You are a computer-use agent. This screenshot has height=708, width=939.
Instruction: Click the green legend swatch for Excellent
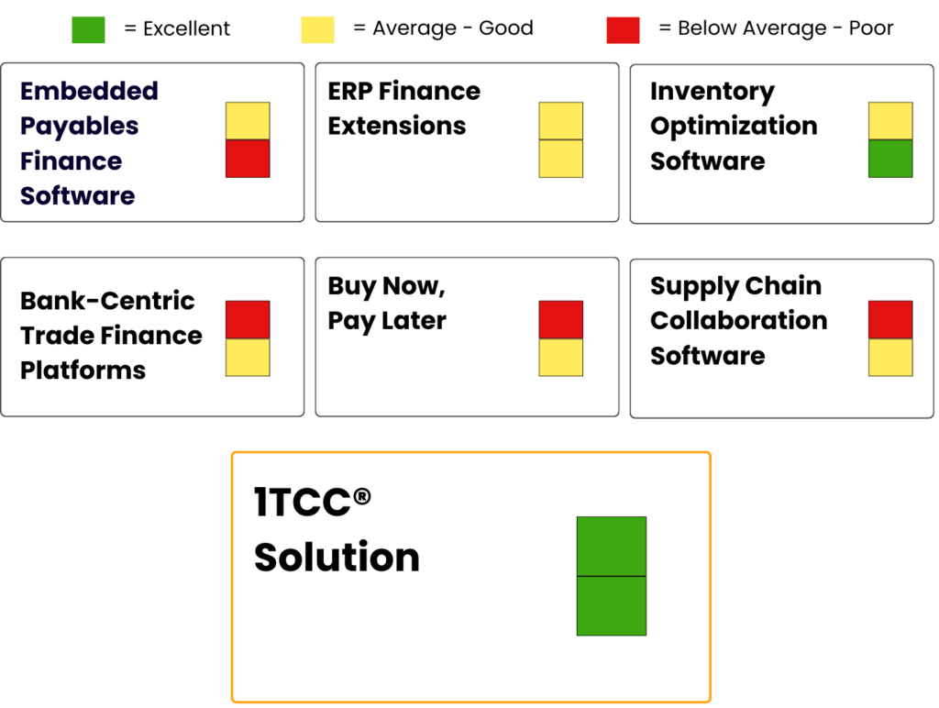point(88,30)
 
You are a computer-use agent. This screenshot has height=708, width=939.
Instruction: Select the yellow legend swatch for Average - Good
point(317,30)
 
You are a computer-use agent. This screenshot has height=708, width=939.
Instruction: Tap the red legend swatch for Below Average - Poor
point(623,30)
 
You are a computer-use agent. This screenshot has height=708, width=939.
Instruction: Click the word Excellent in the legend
point(186,28)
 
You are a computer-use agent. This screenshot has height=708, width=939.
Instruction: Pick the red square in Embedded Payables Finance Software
point(248,159)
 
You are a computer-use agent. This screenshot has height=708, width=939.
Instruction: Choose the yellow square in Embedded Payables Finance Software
point(248,121)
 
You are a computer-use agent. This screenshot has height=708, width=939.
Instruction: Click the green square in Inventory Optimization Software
point(890,159)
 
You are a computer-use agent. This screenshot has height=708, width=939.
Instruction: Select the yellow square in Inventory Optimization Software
point(890,121)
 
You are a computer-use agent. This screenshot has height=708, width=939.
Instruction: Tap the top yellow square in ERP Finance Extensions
point(561,121)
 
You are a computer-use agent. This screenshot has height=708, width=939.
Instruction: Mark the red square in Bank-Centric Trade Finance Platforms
point(248,320)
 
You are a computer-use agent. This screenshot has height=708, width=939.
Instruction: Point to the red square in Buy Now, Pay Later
point(561,320)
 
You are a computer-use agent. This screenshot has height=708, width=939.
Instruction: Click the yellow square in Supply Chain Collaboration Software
point(890,358)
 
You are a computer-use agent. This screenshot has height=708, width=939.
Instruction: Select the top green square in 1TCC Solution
point(612,547)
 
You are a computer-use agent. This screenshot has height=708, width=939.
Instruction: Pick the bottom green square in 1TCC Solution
point(612,605)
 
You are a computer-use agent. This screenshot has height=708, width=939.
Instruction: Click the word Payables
point(79,127)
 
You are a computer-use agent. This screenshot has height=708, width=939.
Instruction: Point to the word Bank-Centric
point(107,300)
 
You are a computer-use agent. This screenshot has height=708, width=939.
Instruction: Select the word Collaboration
point(738,320)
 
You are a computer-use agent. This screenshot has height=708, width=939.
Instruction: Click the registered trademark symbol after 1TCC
point(361,496)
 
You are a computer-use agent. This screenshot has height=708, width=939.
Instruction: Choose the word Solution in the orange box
point(337,557)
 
